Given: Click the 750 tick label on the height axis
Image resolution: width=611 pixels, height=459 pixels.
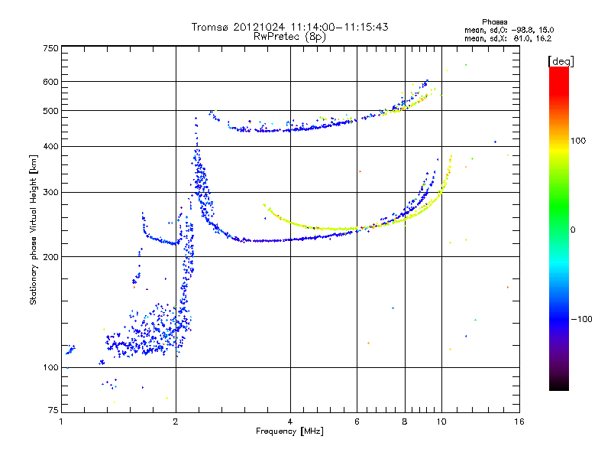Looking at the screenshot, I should click(50, 47).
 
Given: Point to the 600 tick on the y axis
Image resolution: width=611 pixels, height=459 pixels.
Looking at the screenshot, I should click(50, 81).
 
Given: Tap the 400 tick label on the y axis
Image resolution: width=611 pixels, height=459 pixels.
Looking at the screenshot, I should click(50, 146).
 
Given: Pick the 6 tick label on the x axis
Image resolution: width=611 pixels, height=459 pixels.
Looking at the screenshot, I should click(357, 422).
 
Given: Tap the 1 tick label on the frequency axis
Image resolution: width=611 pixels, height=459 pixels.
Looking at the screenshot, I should click(62, 422).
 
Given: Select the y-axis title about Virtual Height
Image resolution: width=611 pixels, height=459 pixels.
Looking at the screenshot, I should click(34, 230).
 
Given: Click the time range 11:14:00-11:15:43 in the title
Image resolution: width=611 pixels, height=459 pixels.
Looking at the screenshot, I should click(331, 27).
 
